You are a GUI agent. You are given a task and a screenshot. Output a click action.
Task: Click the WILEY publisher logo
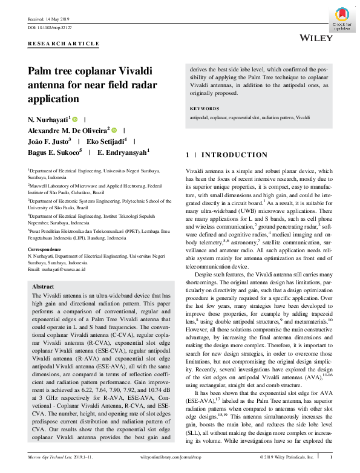point(316,38)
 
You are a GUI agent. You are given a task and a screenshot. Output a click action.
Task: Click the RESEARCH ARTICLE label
point(64,44)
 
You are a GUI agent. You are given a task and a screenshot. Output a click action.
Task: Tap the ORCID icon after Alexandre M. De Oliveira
point(114,130)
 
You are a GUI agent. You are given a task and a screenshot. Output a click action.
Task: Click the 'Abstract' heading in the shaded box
point(43,285)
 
